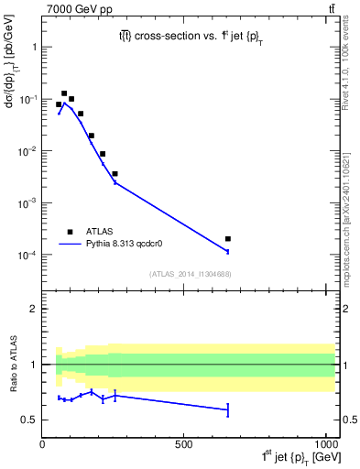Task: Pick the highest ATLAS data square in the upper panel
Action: coord(64,93)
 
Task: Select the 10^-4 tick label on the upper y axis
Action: coord(27,255)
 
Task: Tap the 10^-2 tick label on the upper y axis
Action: coord(27,151)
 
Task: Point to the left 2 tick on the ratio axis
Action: coord(33,309)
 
